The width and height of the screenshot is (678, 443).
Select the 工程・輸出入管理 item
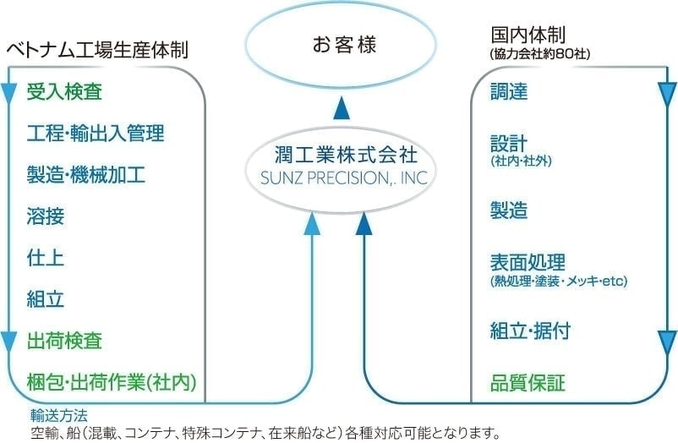(x=96, y=133)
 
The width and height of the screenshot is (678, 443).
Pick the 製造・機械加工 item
(x=86, y=175)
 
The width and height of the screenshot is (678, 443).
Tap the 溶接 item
(x=46, y=216)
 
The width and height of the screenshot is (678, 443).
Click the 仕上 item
(x=46, y=258)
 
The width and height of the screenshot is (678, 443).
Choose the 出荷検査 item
(x=64, y=341)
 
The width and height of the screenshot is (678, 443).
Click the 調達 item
(x=509, y=92)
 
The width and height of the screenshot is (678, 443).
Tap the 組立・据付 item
(x=530, y=331)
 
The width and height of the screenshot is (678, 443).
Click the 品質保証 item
(x=528, y=382)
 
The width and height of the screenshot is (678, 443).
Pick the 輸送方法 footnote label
(x=58, y=415)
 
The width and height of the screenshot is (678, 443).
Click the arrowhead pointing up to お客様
(x=342, y=107)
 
